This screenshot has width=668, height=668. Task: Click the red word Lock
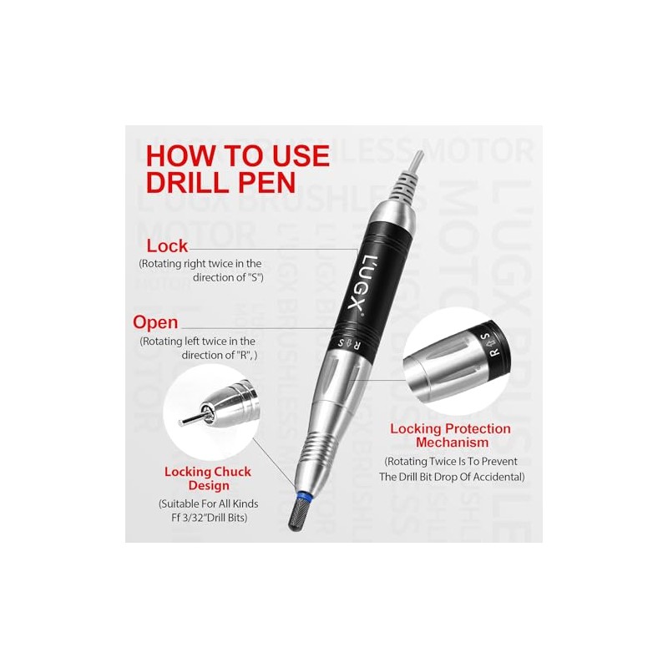click(x=167, y=245)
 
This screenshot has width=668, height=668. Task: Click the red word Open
click(x=155, y=321)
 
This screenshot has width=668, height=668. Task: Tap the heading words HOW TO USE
click(x=237, y=155)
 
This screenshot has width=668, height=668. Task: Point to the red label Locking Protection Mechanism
click(x=450, y=436)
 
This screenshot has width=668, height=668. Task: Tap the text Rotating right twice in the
click(x=200, y=263)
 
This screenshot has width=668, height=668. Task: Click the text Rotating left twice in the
click(x=198, y=341)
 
